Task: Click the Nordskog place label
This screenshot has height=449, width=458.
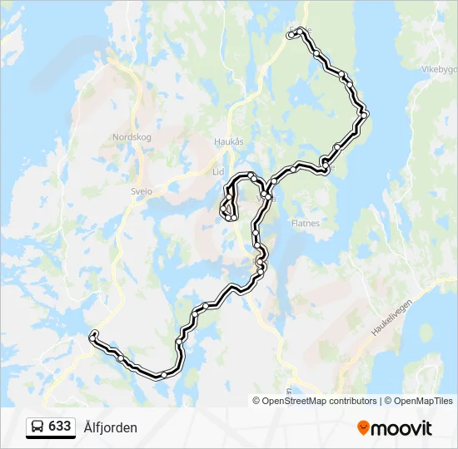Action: click(132, 137)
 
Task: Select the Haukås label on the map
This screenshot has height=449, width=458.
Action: click(229, 141)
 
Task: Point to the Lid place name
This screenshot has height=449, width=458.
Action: click(219, 171)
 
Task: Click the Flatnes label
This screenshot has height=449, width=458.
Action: click(306, 223)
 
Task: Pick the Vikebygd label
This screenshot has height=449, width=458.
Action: click(439, 69)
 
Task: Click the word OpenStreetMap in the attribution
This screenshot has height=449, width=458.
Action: click(295, 401)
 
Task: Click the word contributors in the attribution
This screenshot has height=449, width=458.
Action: click(353, 401)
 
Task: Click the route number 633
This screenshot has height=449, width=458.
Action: click(59, 427)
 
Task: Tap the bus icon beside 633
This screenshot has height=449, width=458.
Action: click(38, 427)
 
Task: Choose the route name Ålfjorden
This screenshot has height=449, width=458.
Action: click(111, 427)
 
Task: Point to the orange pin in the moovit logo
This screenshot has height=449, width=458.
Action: click(363, 428)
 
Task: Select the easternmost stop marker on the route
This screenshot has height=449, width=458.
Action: click(365, 115)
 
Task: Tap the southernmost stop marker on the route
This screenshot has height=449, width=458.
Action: click(164, 375)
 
